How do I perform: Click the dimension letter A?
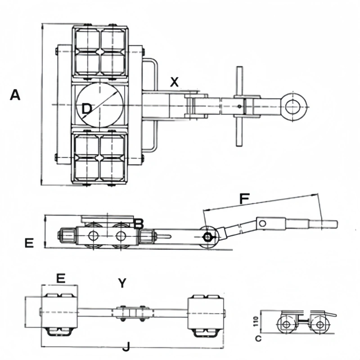point(15,95)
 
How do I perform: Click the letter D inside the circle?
point(86,108)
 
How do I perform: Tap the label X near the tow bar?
point(175,82)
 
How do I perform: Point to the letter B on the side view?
point(139,223)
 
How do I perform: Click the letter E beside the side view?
point(29,243)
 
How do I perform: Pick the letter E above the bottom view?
point(61,278)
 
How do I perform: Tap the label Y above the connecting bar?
point(122,283)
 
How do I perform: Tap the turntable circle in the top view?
point(99,104)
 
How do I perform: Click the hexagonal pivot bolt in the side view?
point(208,237)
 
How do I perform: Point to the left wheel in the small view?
point(285,324)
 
